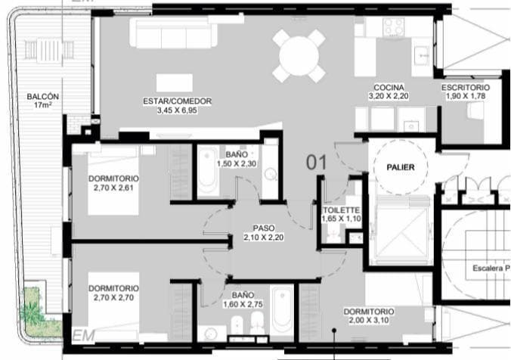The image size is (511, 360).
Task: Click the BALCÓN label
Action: [42, 97]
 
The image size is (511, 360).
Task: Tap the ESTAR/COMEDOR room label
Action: [177, 101]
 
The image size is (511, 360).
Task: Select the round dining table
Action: [299, 55]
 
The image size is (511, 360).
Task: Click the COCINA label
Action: [389, 87]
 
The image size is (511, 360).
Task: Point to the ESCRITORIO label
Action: [466, 87]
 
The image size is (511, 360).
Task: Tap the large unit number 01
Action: [316, 162]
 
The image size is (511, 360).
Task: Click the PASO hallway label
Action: [264, 228]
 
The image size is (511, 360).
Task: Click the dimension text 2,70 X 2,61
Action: [113, 188]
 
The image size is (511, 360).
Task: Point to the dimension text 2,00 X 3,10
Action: [368, 321]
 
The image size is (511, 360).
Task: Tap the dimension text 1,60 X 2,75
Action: [243, 304]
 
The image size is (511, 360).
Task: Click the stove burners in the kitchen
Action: [393, 27]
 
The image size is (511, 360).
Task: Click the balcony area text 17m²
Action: [42, 107]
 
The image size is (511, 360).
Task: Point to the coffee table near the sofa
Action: [175, 82]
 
